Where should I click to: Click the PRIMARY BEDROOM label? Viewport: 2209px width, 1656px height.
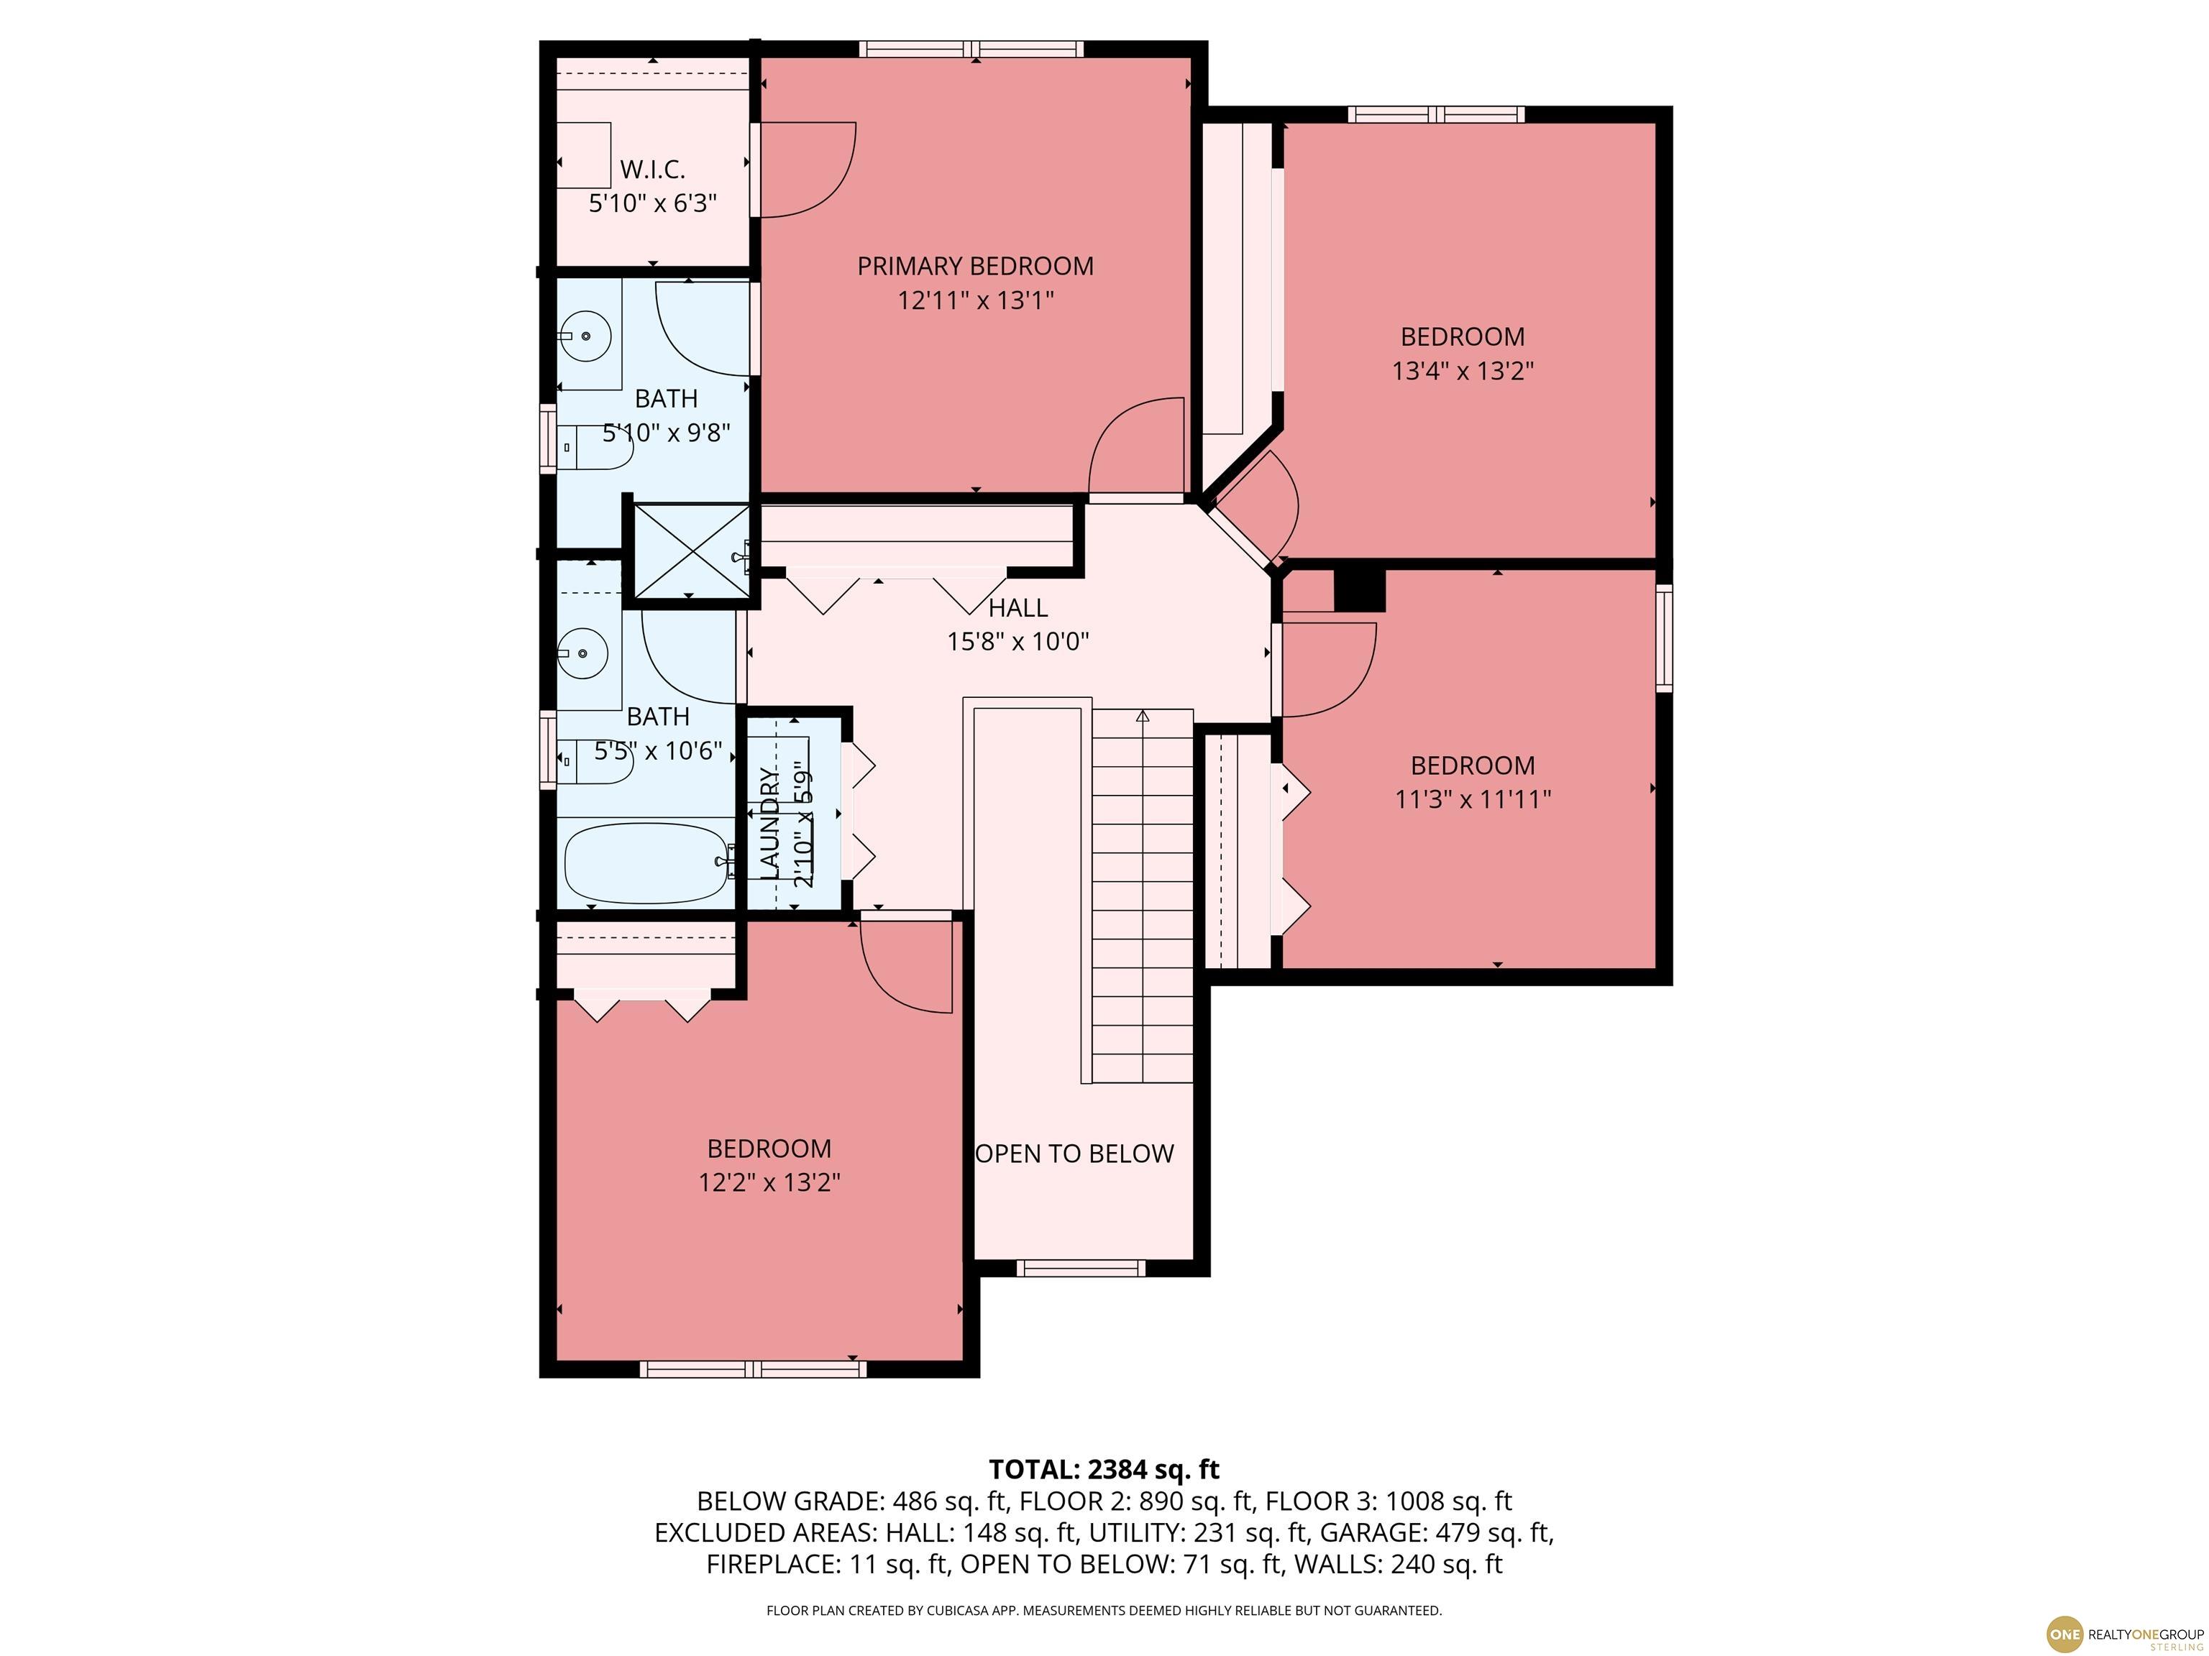pos(976,267)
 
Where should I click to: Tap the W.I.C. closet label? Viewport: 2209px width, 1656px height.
pos(652,169)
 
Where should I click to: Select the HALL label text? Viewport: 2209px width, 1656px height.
pos(1017,608)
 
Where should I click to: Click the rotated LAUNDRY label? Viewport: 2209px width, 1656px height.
pos(769,824)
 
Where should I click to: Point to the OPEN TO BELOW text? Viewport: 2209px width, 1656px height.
pos(1074,1154)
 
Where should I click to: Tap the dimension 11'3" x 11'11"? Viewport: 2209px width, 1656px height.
pos(1473,799)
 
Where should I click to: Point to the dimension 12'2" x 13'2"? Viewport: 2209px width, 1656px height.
pos(769,1183)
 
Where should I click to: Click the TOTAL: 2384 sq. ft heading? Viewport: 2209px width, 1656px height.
pos(1104,1469)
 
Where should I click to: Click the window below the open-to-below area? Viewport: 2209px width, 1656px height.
pos(1081,1269)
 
